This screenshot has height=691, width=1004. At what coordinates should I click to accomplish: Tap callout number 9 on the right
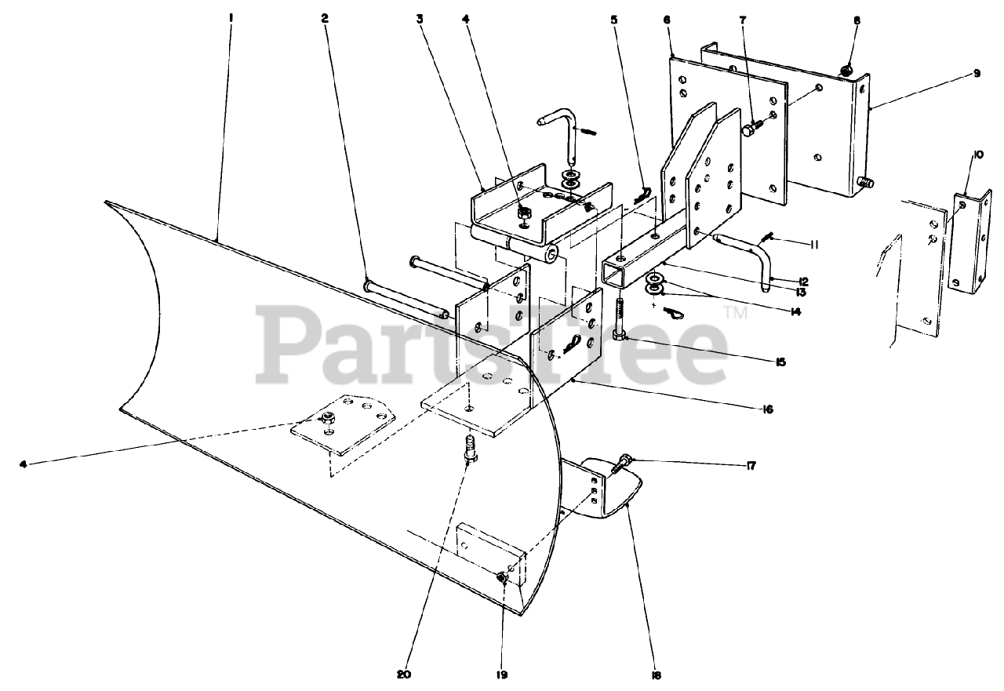click(x=977, y=73)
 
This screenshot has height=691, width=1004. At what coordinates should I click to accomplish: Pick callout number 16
click(x=767, y=409)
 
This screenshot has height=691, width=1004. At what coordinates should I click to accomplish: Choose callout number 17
click(x=751, y=466)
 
